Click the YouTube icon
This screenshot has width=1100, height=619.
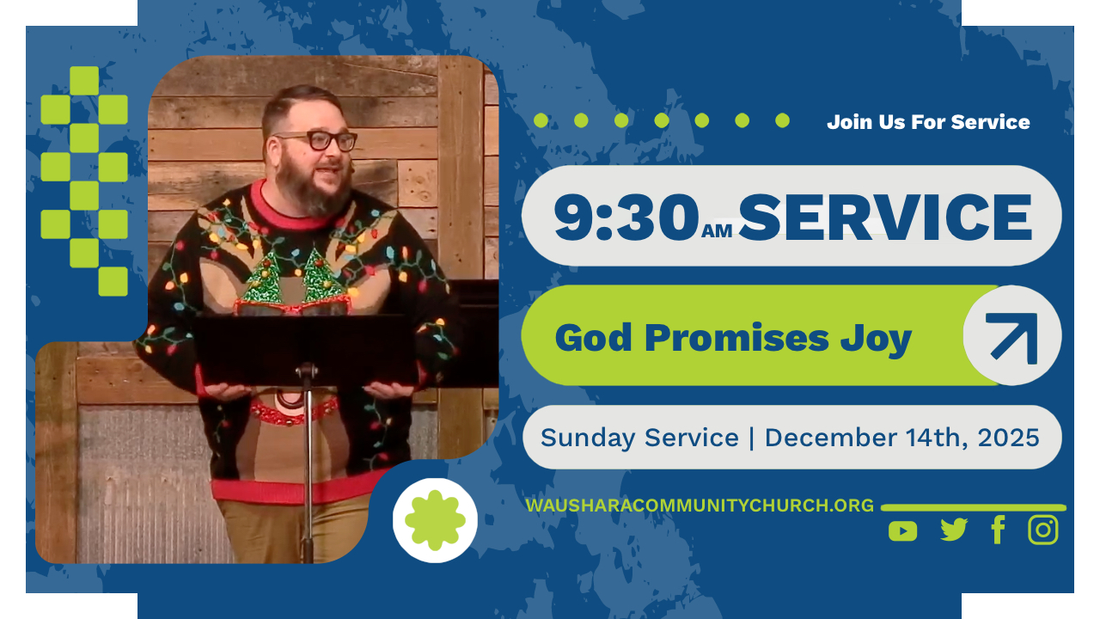tap(902, 531)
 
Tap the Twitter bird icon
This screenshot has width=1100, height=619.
tap(954, 530)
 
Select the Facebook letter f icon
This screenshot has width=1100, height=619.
tap(999, 530)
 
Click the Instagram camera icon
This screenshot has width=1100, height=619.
tap(1043, 530)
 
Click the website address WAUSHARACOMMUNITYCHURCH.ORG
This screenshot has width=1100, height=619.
tap(700, 506)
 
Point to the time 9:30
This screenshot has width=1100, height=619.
tap(626, 218)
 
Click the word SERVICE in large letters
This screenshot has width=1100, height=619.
tap(885, 218)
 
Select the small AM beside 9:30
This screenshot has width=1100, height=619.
tap(717, 231)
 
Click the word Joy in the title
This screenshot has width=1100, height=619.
tap(876, 340)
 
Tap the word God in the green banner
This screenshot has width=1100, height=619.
tap(593, 338)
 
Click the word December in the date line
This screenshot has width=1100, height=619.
tap(830, 438)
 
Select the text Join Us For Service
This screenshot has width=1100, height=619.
tap(928, 122)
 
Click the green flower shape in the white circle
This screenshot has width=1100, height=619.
tap(435, 520)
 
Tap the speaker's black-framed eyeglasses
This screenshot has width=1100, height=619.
tap(317, 141)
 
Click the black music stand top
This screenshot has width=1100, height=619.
tap(305, 350)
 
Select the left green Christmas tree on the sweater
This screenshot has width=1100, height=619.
tap(264, 278)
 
